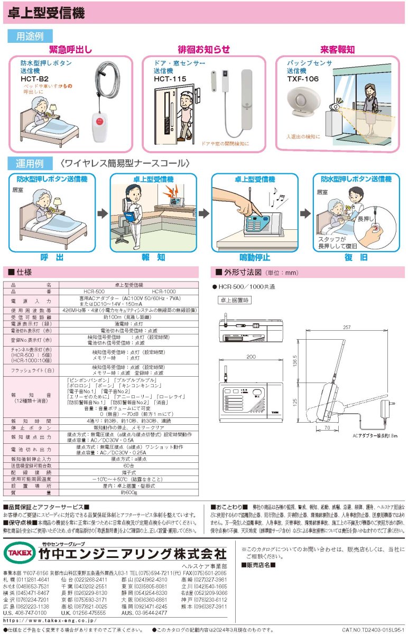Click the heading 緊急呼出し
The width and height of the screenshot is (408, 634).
point(70,50)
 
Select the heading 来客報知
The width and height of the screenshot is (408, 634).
point(337,50)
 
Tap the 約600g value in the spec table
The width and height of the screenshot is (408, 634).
point(128,492)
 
